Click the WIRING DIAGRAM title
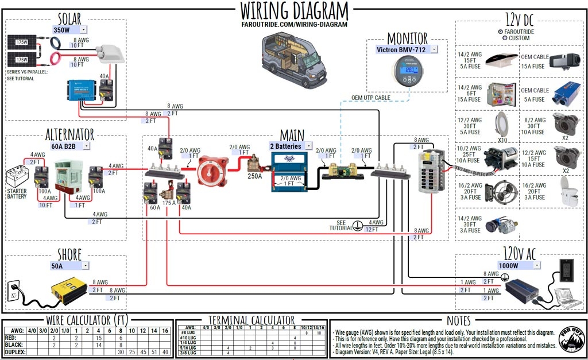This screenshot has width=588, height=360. coord(294,11)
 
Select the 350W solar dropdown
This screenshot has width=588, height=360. coord(69,29)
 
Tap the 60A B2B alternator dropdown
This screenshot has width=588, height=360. coord(69,146)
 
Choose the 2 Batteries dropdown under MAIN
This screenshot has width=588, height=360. coord(291,146)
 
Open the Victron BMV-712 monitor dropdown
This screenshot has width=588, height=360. coord(407,49)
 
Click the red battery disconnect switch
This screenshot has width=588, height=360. coord(212,170)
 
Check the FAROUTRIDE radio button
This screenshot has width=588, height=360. coord(501,32)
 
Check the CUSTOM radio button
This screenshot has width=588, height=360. coord(504,38)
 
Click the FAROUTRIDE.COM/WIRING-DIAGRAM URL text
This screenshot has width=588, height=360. coord(294,25)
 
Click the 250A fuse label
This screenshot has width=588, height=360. coord(254,176)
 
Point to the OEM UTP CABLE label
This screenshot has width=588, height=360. coord(371,98)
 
